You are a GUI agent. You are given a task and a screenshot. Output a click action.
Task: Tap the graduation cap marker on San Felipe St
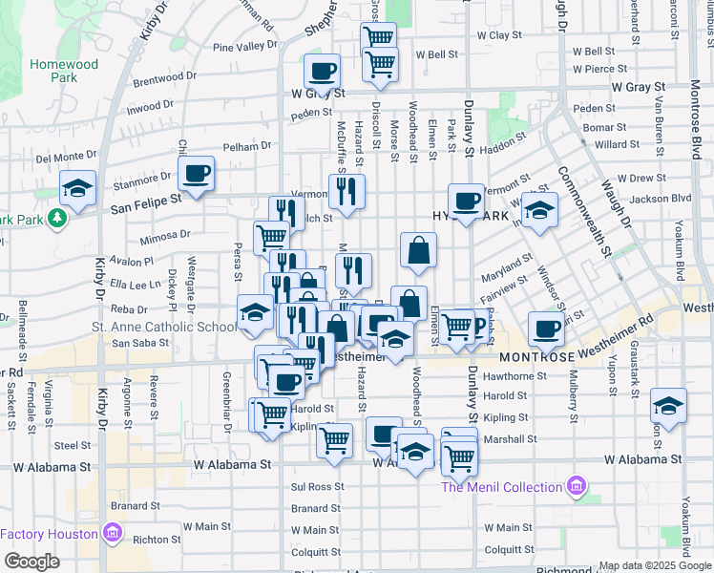pyautogui.click(x=77, y=187)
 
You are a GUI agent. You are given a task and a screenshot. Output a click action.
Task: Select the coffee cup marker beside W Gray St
pyautogui.click(x=322, y=70)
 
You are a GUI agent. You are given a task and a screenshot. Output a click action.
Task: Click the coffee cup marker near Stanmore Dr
pyautogui.click(x=197, y=173)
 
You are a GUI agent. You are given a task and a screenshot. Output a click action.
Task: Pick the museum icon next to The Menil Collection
pyautogui.click(x=576, y=487)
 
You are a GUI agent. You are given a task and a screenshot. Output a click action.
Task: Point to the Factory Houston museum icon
pyautogui.click(x=112, y=531)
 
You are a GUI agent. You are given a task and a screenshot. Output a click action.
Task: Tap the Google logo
pyautogui.click(x=31, y=562)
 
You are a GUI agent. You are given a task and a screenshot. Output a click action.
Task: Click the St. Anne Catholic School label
pyautogui.click(x=177, y=328)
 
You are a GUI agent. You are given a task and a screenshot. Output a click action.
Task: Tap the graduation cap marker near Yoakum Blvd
pyautogui.click(x=668, y=405)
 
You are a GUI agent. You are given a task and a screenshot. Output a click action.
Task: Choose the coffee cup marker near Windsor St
pyautogui.click(x=546, y=329)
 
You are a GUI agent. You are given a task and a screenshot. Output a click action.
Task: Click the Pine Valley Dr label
pyautogui.click(x=244, y=47)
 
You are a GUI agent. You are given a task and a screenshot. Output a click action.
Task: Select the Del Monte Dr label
pyautogui.click(x=67, y=158)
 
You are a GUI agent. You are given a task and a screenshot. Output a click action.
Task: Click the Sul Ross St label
pyautogui.click(x=309, y=487)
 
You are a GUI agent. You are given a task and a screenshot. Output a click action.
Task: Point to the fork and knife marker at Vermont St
pyautogui.click(x=346, y=190)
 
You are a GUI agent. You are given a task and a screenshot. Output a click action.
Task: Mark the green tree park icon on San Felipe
pyautogui.click(x=58, y=218)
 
